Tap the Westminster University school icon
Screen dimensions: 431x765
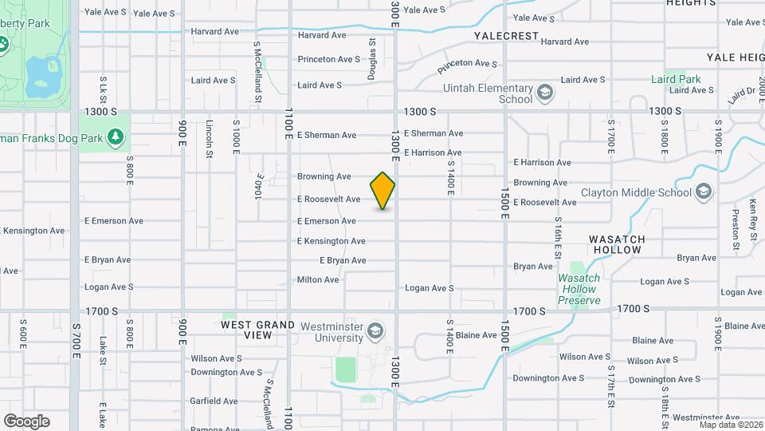pos(375,330)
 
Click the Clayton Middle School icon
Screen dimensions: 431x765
pos(704,192)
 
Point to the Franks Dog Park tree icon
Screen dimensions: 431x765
pos(116,138)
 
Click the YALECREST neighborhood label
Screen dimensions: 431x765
pos(506,37)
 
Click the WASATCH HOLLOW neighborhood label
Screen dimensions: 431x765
pos(615,244)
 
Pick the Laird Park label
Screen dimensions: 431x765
pos(676,79)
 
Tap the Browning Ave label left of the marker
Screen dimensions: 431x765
pos(324,176)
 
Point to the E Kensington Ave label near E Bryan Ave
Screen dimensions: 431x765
pos(331,241)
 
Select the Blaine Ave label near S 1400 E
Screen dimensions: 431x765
pos(477,335)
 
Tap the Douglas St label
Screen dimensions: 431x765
pos(372,58)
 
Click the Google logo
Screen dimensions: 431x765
pos(26,421)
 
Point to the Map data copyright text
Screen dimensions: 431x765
pos(729,425)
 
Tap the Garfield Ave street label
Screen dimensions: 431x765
pos(214,401)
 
